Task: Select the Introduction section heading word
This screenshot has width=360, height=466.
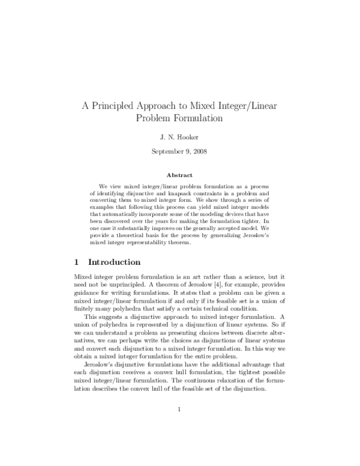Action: [114, 262]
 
